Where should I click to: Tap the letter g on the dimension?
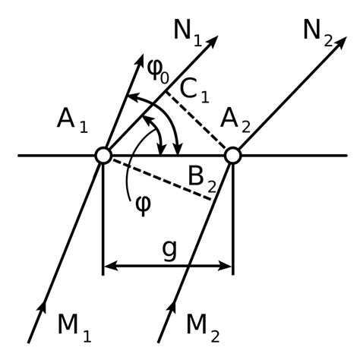[169, 249]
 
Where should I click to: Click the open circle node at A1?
[103, 156]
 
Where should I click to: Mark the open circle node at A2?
[232, 156]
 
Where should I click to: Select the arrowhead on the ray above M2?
[170, 311]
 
